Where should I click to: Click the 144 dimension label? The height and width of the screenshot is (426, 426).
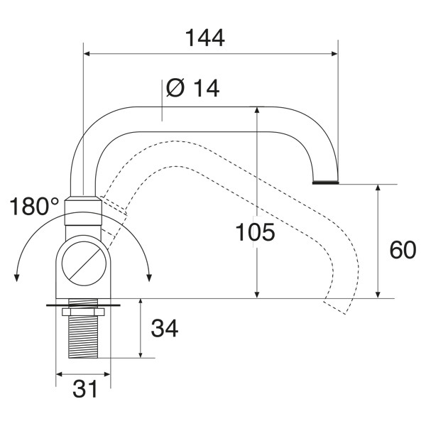pyautogui.click(x=205, y=38)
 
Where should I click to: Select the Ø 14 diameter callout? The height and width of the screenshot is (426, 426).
pyautogui.click(x=192, y=88)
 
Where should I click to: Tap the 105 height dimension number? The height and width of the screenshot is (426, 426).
pyautogui.click(x=255, y=232)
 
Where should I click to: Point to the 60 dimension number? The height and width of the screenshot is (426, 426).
pyautogui.click(x=403, y=250)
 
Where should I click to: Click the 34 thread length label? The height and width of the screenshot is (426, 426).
pyautogui.click(x=165, y=328)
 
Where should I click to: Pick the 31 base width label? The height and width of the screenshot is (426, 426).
pyautogui.click(x=84, y=389)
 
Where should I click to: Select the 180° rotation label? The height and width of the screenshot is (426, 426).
pyautogui.click(x=34, y=207)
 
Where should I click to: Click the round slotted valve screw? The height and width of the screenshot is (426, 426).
pyautogui.click(x=84, y=263)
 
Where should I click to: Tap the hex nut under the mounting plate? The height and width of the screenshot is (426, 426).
pyautogui.click(x=83, y=312)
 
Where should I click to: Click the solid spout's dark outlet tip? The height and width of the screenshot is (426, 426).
pyautogui.click(x=325, y=182)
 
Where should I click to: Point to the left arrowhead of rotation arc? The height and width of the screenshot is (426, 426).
pyautogui.click(x=16, y=278)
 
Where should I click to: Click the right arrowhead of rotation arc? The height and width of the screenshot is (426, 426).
pyautogui.click(x=149, y=278)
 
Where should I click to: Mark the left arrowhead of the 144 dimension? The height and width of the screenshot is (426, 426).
pyautogui.click(x=87, y=53)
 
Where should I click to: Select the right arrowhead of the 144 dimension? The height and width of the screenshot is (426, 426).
pyautogui.click(x=334, y=53)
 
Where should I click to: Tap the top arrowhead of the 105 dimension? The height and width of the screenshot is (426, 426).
pyautogui.click(x=257, y=110)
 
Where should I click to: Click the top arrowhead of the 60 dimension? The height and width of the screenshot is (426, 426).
pyautogui.click(x=378, y=188)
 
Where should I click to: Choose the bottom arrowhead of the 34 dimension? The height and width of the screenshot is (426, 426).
pyautogui.click(x=140, y=354)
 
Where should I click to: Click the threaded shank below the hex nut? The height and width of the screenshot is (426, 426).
pyautogui.click(x=83, y=337)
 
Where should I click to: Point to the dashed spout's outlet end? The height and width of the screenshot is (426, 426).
pyautogui.click(x=334, y=308)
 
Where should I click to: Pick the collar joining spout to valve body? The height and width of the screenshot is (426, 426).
pyautogui.click(x=83, y=211)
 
